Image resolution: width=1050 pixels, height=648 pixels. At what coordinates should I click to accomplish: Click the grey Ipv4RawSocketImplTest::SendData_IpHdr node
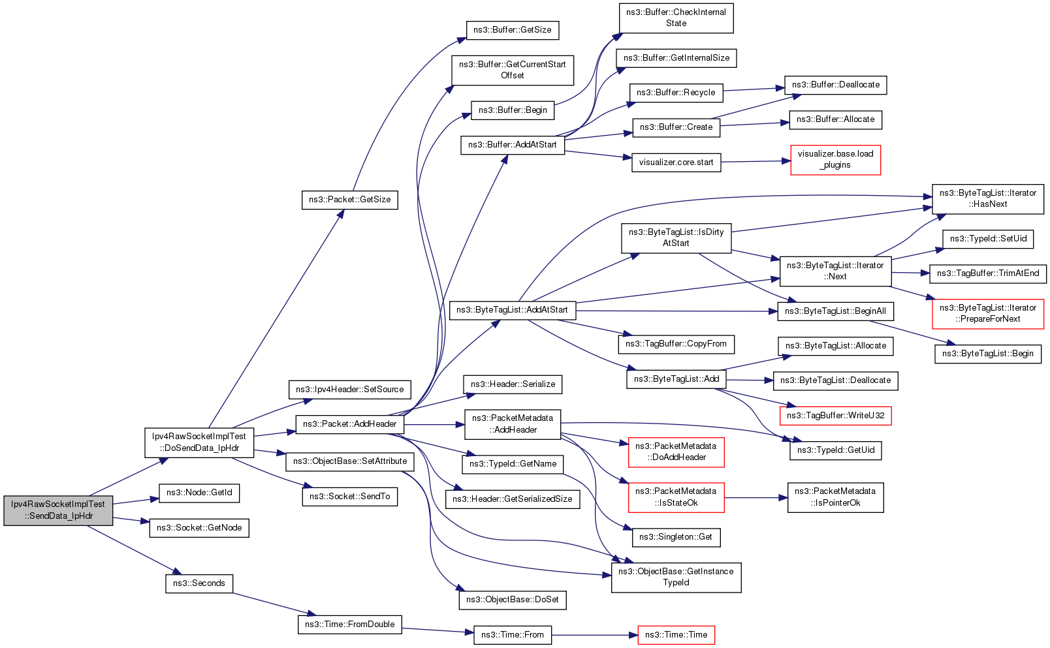pyautogui.click(x=58, y=510)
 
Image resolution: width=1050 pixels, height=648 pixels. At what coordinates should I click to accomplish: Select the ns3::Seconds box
pyautogui.click(x=199, y=583)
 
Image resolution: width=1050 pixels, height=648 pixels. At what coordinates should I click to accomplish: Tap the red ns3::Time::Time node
pyautogui.click(x=676, y=635)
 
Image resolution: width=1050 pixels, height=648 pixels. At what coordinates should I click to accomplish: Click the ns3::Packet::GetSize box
pyautogui.click(x=349, y=200)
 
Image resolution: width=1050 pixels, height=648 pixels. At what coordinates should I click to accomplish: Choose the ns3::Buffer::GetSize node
pyautogui.click(x=512, y=30)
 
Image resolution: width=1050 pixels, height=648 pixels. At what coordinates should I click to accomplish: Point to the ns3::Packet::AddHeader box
pyautogui.click(x=350, y=424)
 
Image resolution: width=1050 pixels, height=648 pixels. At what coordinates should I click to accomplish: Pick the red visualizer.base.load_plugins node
pyautogui.click(x=835, y=160)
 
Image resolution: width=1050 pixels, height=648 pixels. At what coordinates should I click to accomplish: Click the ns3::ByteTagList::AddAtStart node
pyautogui.click(x=512, y=310)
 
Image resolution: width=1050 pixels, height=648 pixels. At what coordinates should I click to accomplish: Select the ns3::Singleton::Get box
pyautogui.click(x=676, y=537)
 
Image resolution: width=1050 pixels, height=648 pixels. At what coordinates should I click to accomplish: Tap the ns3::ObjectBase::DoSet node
pyautogui.click(x=512, y=600)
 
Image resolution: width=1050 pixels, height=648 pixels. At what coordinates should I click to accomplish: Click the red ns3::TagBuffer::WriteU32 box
pyautogui.click(x=835, y=416)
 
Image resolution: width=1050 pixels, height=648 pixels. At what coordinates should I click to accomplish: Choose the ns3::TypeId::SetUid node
pyautogui.click(x=988, y=239)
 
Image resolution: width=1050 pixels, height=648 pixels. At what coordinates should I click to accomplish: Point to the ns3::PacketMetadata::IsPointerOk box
pyautogui.click(x=835, y=497)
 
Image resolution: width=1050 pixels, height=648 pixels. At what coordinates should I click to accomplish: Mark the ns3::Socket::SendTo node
pyautogui.click(x=349, y=497)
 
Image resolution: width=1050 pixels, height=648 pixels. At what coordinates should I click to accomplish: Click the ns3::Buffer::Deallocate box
pyautogui.click(x=835, y=85)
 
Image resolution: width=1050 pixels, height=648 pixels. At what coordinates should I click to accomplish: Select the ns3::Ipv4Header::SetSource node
pyautogui.click(x=349, y=390)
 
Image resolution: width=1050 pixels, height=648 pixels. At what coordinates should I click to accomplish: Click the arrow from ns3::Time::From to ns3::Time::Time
pyautogui.click(x=594, y=635)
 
